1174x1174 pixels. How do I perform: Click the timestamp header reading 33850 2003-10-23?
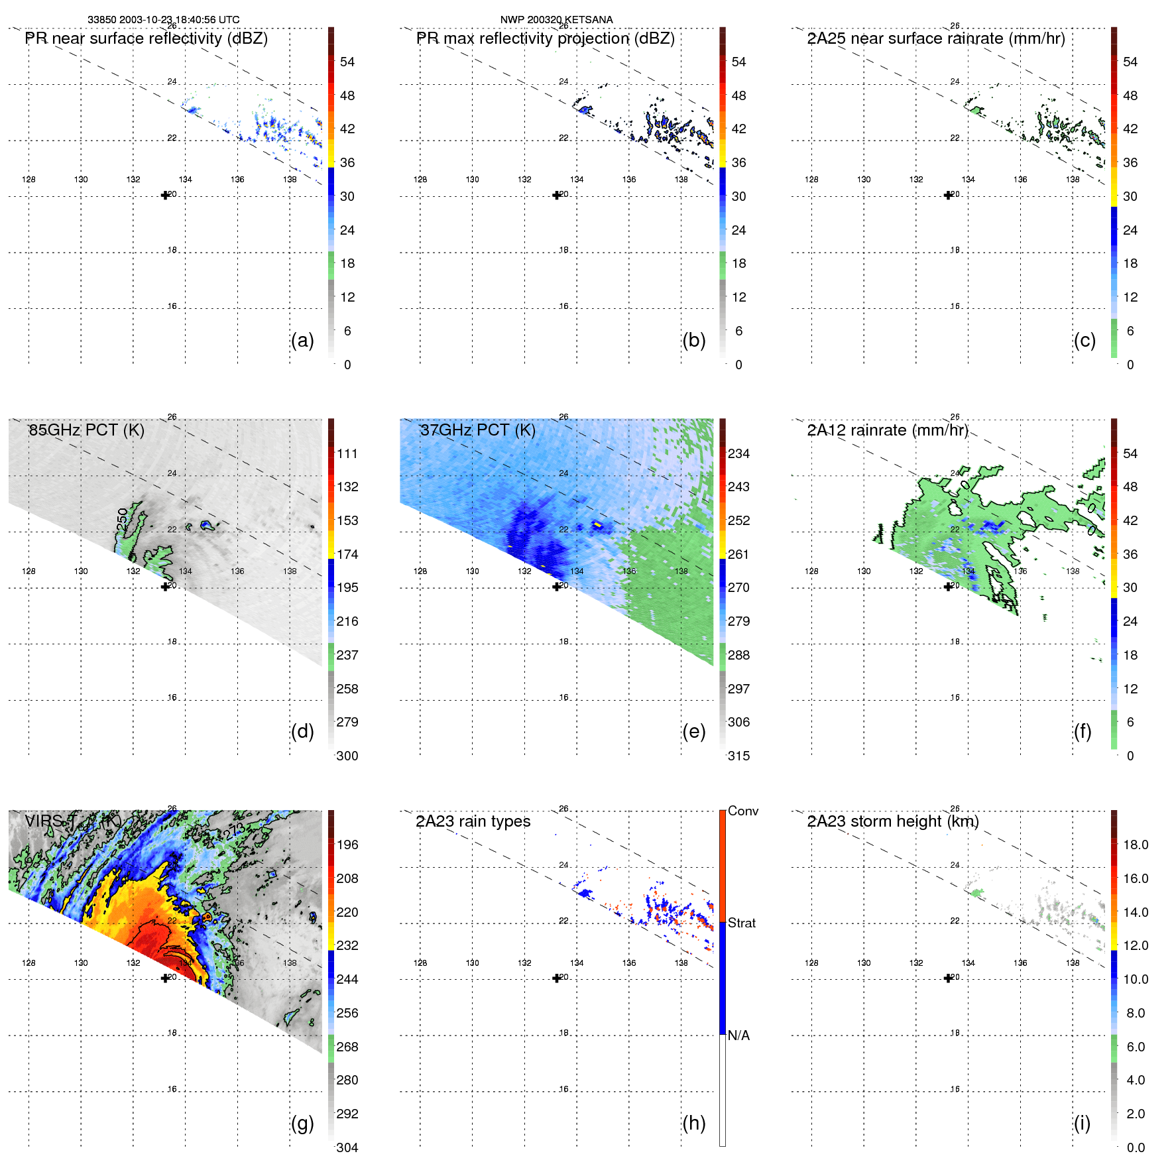tap(164, 20)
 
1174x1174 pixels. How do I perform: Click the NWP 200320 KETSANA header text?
tap(556, 20)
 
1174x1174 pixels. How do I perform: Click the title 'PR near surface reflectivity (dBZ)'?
tap(147, 38)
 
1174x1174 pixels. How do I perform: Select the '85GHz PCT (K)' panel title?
tap(86, 430)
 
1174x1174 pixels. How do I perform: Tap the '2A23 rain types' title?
tap(473, 821)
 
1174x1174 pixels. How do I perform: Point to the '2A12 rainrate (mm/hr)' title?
tap(888, 430)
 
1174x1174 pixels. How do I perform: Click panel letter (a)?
tap(302, 340)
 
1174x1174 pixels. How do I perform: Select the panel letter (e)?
tap(693, 731)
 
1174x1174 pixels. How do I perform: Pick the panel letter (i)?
tap(1082, 1123)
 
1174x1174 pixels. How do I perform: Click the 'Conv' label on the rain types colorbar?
tap(743, 811)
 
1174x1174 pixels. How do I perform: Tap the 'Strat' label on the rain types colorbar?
tap(742, 923)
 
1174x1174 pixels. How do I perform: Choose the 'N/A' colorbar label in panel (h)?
tap(738, 1035)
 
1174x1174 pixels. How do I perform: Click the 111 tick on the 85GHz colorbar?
tap(347, 453)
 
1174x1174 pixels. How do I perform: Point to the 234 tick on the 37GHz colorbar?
tap(738, 453)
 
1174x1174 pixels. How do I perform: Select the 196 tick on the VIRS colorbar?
tap(347, 845)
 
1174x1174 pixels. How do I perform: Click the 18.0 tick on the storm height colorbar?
tap(1136, 845)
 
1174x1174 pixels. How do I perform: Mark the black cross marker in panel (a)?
tap(165, 195)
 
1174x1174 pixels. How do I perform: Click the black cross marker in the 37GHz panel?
tap(556, 587)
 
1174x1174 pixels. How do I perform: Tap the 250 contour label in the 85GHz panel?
tap(122, 519)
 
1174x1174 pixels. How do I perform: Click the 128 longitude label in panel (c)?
tap(811, 180)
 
